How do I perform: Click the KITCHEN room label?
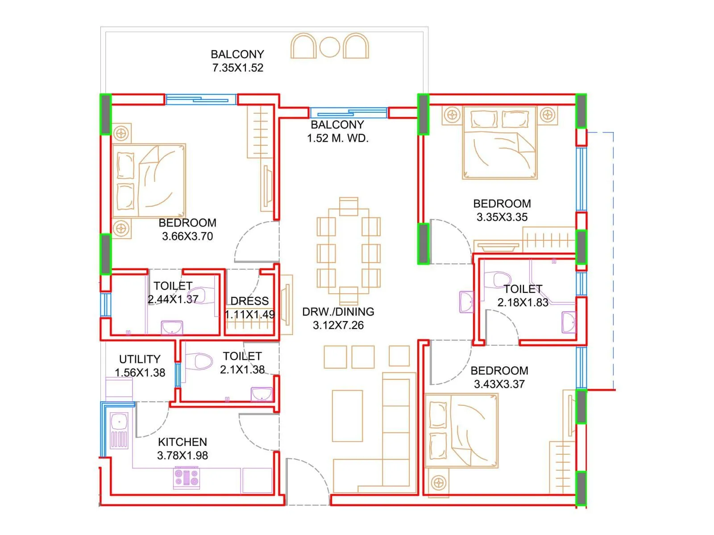tap(183, 442)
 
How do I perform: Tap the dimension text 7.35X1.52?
tap(238, 68)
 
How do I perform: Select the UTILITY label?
tap(140, 359)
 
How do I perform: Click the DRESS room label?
tap(249, 301)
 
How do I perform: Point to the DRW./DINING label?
tap(338, 312)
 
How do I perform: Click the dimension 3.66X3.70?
tap(187, 236)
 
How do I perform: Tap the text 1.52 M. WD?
tap(338, 138)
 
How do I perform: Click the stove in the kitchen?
tap(187, 477)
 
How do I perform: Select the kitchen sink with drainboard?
tap(119, 430)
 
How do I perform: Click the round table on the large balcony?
tap(330, 47)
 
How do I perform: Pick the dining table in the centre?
tap(349, 251)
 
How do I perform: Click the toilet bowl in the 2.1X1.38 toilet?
tap(199, 362)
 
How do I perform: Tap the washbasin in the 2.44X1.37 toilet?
tap(172, 328)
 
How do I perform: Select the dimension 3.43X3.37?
tap(499, 384)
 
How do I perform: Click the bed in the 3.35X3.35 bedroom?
tap(499, 143)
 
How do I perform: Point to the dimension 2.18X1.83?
tap(523, 302)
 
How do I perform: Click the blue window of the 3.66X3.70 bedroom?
tap(201, 99)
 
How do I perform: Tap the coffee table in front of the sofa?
tap(347, 416)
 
